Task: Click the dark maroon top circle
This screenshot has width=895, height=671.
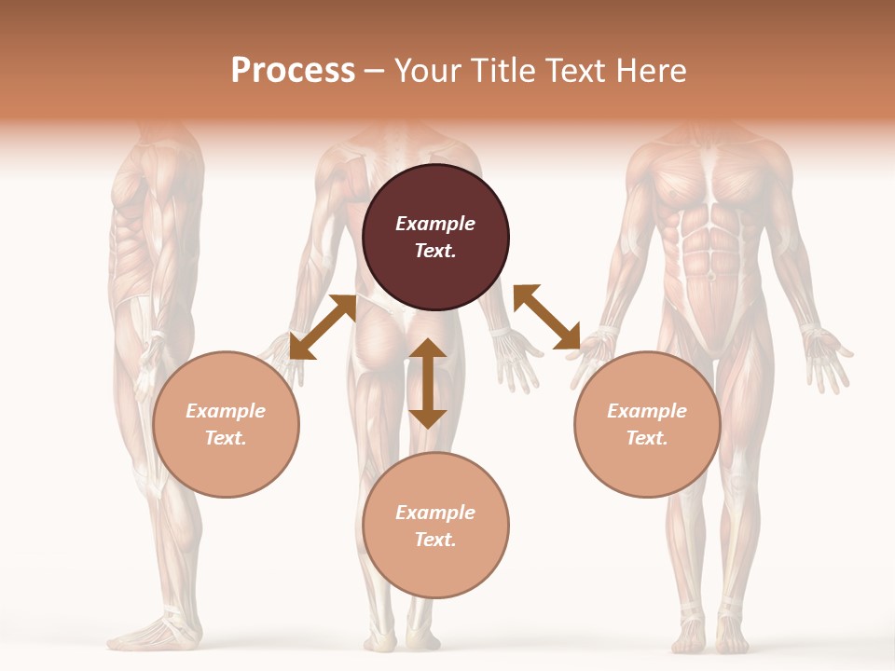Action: [x=435, y=238]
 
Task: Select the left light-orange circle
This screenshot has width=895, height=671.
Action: [x=226, y=425]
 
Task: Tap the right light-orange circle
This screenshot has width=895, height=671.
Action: [x=647, y=425]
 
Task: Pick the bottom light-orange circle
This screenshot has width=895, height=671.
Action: [x=435, y=526]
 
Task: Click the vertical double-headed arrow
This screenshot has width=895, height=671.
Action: [x=428, y=383]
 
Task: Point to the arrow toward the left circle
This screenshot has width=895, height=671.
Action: [x=323, y=326]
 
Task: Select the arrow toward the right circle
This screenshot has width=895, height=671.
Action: [x=547, y=317]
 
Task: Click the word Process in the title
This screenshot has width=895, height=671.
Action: [x=293, y=70]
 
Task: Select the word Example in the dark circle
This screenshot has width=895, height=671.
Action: [x=435, y=224]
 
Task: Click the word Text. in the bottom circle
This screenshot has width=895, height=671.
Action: [x=435, y=540]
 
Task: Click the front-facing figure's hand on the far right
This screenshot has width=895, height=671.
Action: [x=827, y=354]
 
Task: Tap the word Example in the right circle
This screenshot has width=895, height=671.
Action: [x=647, y=411]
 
